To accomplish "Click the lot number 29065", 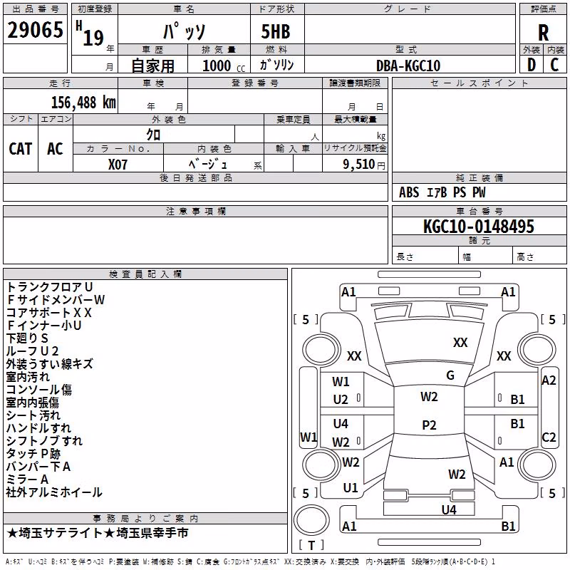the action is click(x=35, y=30).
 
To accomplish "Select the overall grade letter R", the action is click(x=543, y=33).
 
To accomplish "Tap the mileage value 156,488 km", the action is click(x=83, y=103).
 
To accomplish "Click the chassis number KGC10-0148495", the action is click(x=479, y=227).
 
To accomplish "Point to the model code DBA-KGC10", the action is click(x=408, y=66).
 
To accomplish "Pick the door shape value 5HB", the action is click(x=276, y=31).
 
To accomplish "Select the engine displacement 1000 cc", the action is click(x=224, y=66).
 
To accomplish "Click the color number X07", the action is click(x=118, y=165).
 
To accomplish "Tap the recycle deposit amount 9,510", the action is click(x=359, y=165).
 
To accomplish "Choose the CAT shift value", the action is click(x=21, y=149).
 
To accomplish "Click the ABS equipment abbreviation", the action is click(x=409, y=192).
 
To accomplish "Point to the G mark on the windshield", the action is click(x=450, y=375).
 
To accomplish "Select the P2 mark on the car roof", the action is click(x=429, y=425).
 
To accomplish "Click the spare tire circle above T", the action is click(x=311, y=520).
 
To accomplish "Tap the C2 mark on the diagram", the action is click(x=549, y=437).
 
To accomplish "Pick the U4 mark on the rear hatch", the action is click(x=449, y=510).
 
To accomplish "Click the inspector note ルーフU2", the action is click(x=32, y=351).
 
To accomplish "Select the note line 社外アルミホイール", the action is click(x=54, y=492).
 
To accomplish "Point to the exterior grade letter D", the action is click(x=532, y=65).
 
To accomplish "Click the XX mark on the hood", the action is click(x=460, y=343).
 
